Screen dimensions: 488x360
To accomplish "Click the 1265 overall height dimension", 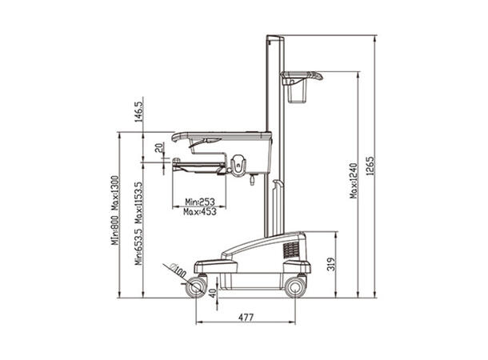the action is click(x=370, y=166).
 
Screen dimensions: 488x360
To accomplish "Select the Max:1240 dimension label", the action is click(x=354, y=181).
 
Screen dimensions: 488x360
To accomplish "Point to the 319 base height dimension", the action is click(x=332, y=264).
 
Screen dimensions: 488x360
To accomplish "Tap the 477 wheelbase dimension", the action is click(x=246, y=318).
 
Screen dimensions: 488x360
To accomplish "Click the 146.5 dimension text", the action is click(x=139, y=110).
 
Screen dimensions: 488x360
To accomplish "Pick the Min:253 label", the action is click(x=200, y=202).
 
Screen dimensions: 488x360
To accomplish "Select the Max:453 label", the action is click(x=200, y=212).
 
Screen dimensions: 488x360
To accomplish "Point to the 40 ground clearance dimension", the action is click(x=213, y=293).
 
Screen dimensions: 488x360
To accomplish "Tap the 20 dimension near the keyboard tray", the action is click(x=159, y=147).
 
